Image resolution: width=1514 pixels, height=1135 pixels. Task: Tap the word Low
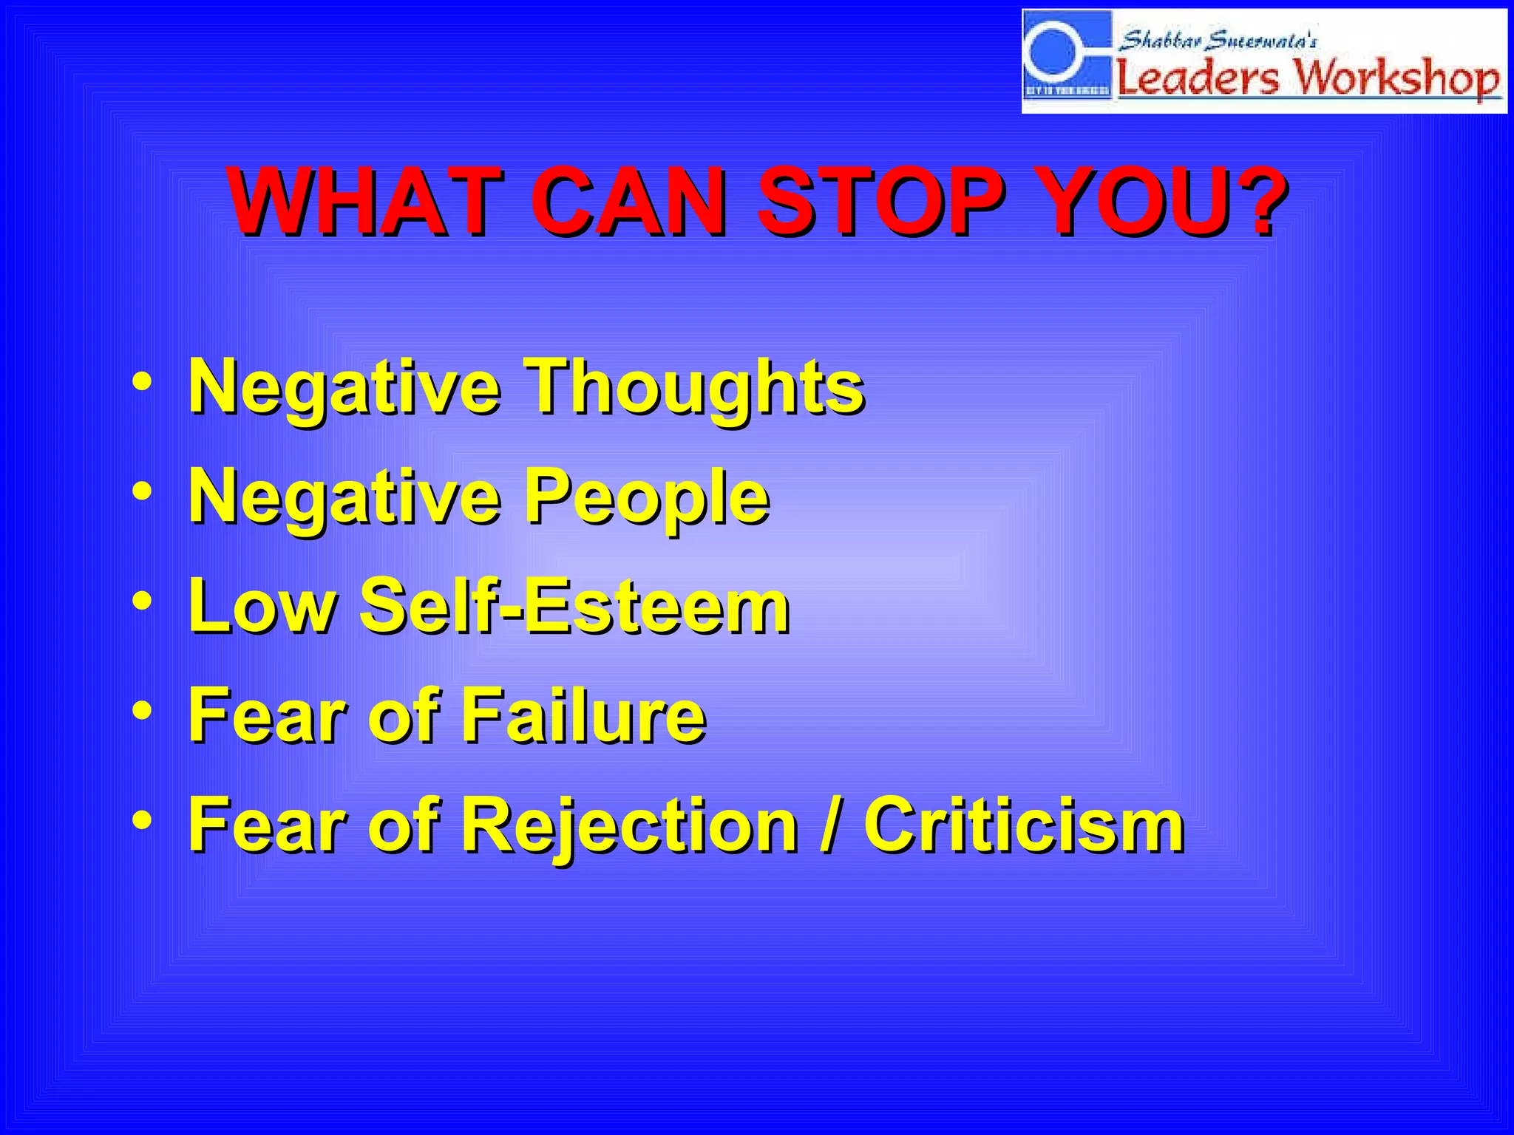click(x=262, y=606)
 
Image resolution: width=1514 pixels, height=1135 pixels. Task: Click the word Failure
click(x=583, y=715)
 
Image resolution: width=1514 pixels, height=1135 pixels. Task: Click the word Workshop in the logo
click(x=1397, y=78)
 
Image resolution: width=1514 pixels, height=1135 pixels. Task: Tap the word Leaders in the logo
click(x=1198, y=78)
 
